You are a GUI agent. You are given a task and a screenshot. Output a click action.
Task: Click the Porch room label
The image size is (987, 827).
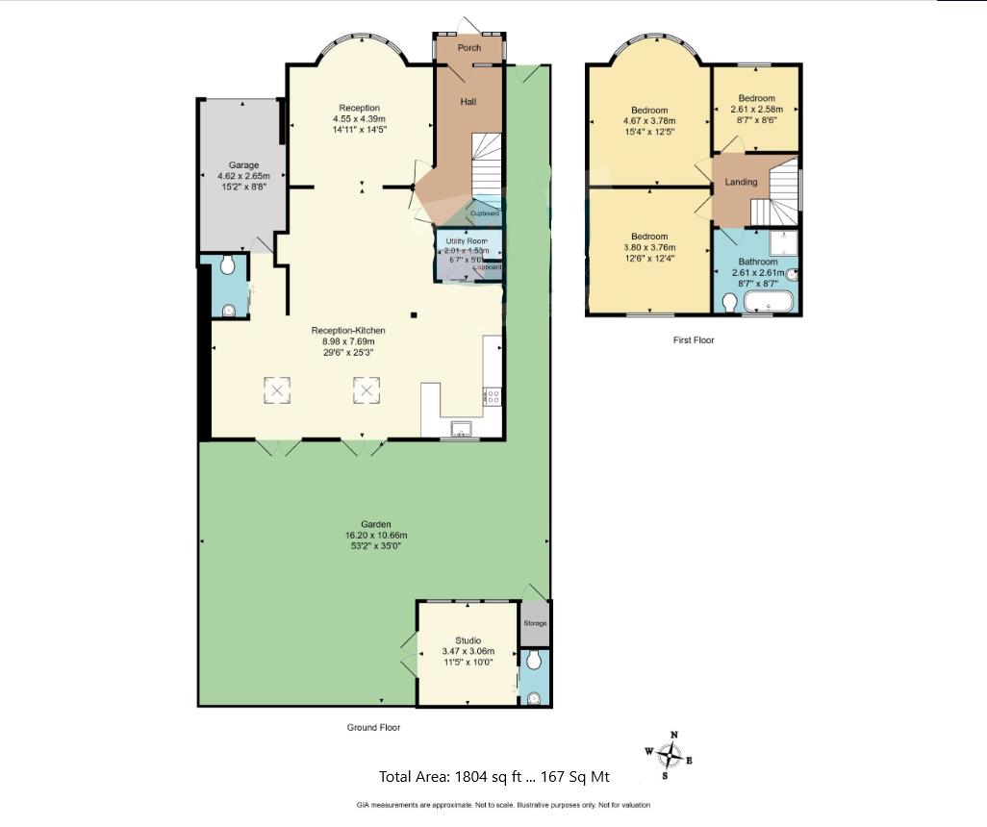pos(469,48)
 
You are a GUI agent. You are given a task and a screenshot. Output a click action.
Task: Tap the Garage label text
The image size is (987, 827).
pos(243,165)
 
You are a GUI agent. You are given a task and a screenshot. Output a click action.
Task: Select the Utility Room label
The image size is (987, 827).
pos(467,240)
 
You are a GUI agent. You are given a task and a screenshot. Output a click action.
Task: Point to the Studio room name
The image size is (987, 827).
pos(468,640)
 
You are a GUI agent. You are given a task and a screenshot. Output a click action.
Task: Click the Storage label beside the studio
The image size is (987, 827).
pos(535,623)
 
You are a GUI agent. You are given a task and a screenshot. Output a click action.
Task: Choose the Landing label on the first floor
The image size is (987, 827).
pos(741,182)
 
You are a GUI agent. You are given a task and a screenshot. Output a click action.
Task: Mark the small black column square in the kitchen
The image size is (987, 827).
pos(413,314)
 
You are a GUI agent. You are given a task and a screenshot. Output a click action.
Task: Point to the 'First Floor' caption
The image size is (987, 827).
pos(693,340)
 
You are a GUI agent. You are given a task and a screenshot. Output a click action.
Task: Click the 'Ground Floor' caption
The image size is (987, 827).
pos(373,728)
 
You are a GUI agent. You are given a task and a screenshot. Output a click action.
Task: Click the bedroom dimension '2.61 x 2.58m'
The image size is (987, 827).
pos(757,110)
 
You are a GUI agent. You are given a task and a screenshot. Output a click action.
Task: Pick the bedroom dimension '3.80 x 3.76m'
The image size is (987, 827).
pos(649,246)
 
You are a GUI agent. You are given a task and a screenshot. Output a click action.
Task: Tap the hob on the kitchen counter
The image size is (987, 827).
pos(493,393)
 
